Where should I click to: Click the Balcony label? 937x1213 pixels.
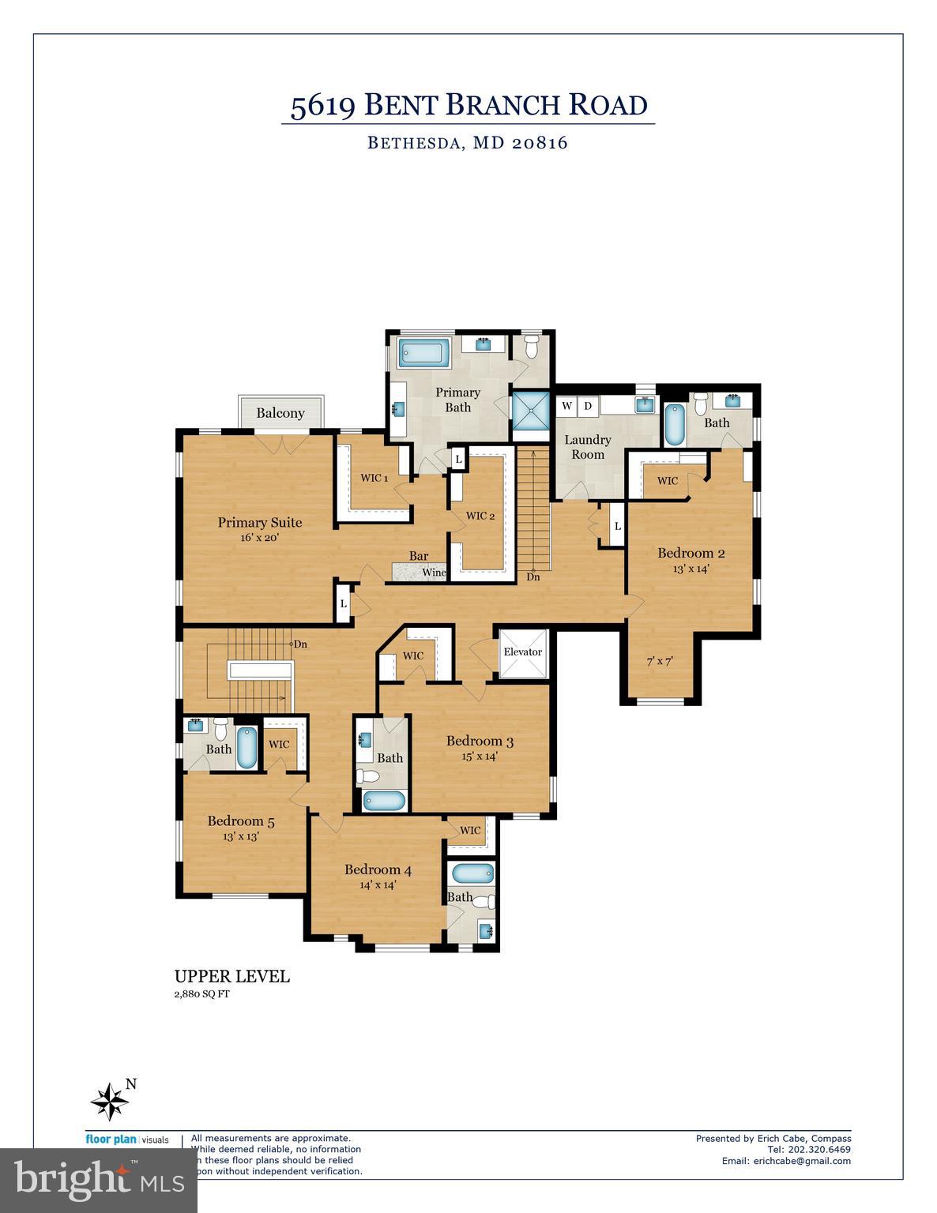pyautogui.click(x=280, y=413)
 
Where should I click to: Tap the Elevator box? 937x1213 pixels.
pyautogui.click(x=522, y=652)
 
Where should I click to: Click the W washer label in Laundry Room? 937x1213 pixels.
pyautogui.click(x=566, y=406)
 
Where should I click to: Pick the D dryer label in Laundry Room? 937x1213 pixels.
pyautogui.click(x=588, y=406)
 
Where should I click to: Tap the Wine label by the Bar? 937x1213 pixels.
pyautogui.click(x=434, y=573)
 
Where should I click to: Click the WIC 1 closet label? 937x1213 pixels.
pyautogui.click(x=374, y=478)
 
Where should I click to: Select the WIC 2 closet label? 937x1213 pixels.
pyautogui.click(x=480, y=516)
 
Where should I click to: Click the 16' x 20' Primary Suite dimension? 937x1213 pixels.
pyautogui.click(x=260, y=537)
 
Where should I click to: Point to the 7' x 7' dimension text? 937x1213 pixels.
pyautogui.click(x=660, y=661)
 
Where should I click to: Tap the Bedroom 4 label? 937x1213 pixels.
pyautogui.click(x=378, y=870)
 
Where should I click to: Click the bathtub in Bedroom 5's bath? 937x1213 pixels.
pyautogui.click(x=246, y=748)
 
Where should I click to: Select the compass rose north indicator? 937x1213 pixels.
pyautogui.click(x=111, y=1099)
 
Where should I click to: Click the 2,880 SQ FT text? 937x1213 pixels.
pyautogui.click(x=201, y=994)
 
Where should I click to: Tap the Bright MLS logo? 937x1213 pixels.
pyautogui.click(x=98, y=1180)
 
